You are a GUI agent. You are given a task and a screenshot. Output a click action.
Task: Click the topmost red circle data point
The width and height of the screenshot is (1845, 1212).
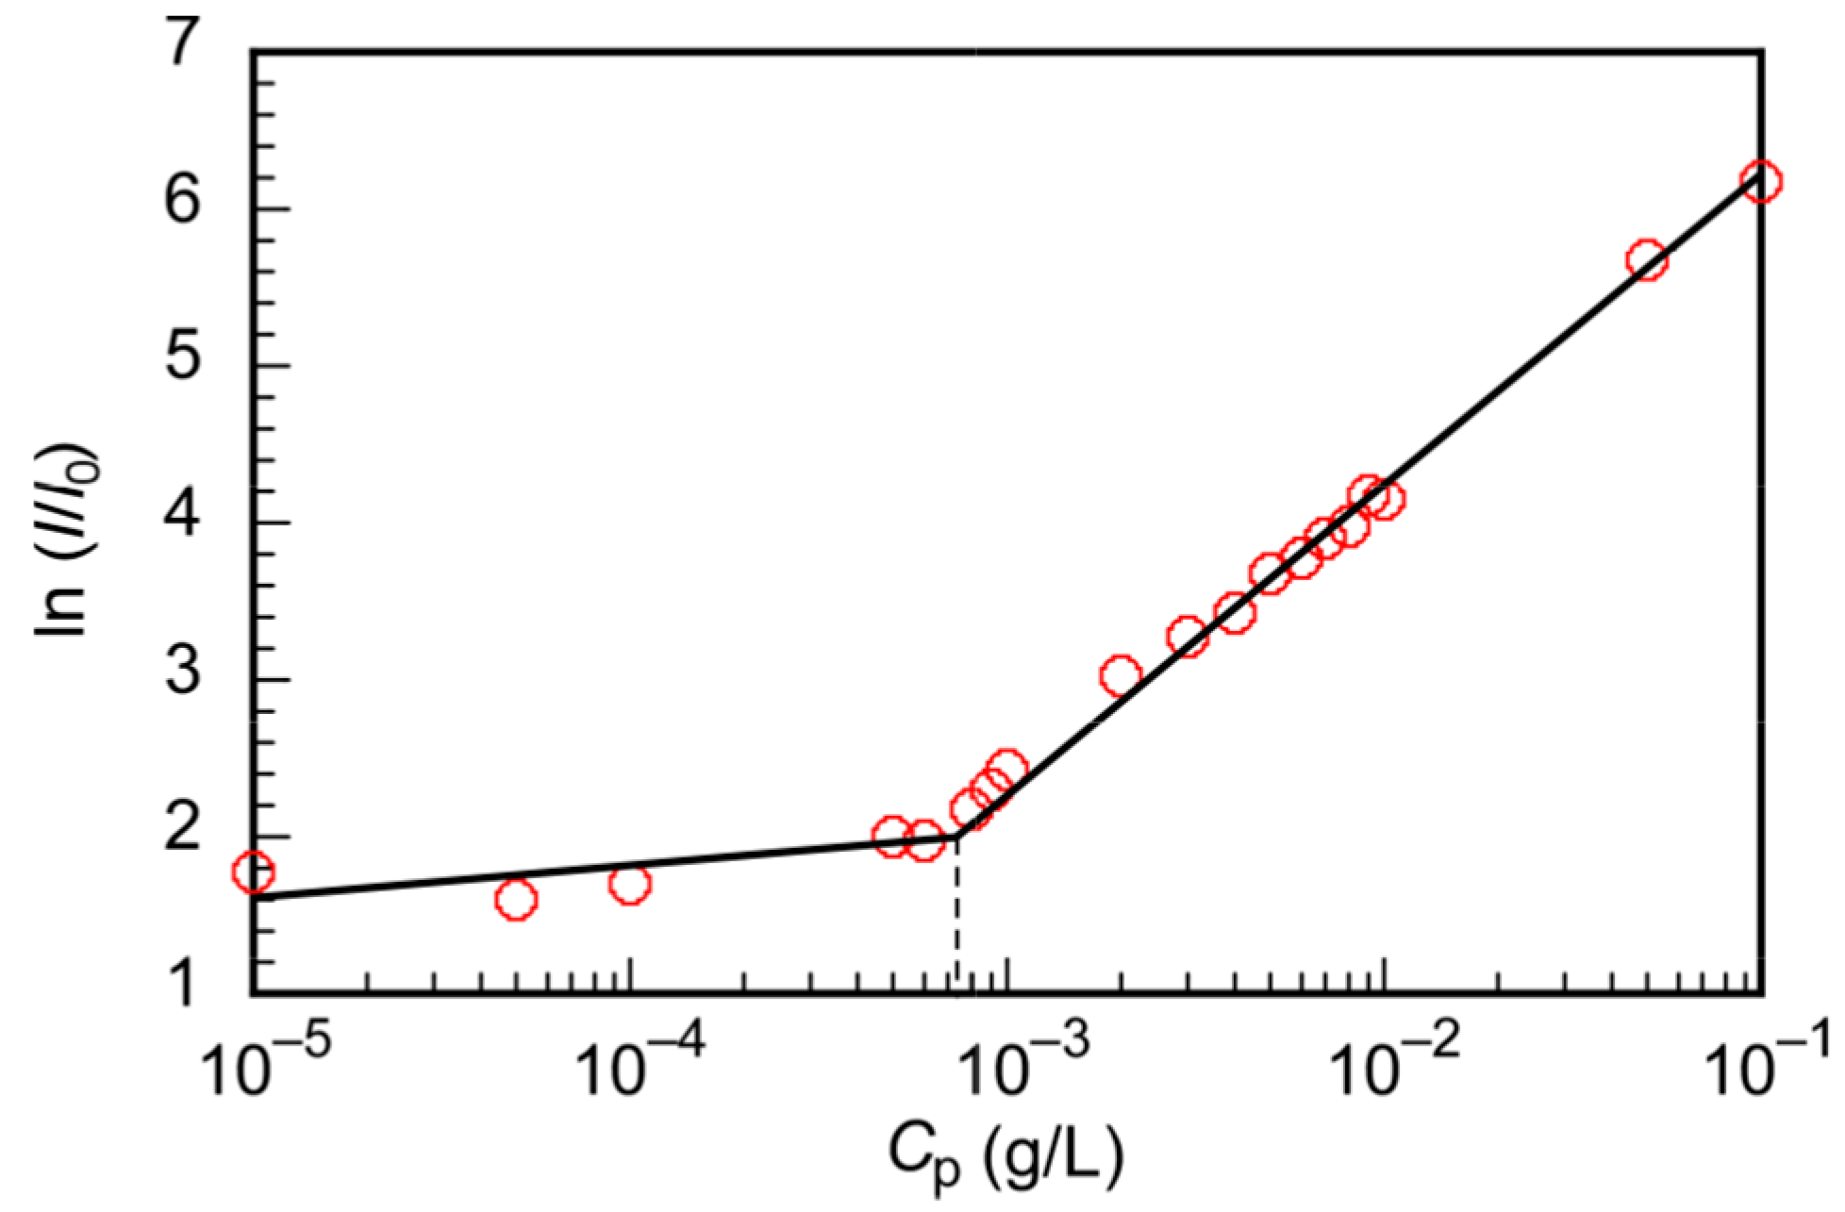pyautogui.click(x=1760, y=181)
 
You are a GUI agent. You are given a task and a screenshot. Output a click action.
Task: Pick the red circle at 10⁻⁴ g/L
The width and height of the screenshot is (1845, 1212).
pyautogui.click(x=630, y=885)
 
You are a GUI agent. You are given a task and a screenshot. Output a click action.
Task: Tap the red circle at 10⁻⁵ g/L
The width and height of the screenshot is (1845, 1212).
pyautogui.click(x=253, y=872)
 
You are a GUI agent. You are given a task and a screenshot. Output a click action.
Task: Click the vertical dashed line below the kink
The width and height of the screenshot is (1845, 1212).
pyautogui.click(x=957, y=915)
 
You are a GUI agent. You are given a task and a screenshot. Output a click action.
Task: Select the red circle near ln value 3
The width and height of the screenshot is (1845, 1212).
pyautogui.click(x=1121, y=675)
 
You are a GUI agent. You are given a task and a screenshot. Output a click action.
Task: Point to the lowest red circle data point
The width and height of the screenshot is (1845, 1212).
pyautogui.click(x=516, y=900)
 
